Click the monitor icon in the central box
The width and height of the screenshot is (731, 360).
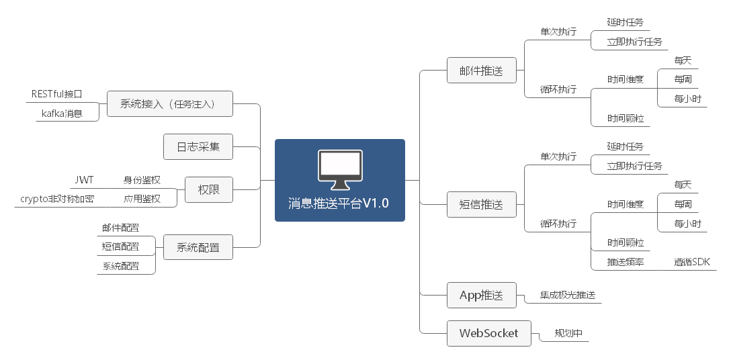(x=339, y=171)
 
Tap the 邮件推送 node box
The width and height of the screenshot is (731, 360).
(x=480, y=71)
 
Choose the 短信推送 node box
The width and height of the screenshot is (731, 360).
(x=480, y=204)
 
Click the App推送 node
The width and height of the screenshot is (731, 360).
(x=480, y=295)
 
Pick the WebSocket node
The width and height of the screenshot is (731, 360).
(x=488, y=333)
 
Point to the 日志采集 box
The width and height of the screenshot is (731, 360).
(x=198, y=146)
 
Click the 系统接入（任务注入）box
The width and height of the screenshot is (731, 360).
(x=170, y=104)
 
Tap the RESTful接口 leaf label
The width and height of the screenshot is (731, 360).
(x=56, y=94)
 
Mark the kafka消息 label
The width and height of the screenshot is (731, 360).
(x=62, y=114)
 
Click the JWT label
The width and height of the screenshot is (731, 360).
(x=84, y=180)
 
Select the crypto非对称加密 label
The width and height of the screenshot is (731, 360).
(x=57, y=199)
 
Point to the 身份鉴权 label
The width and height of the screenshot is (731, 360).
(x=142, y=180)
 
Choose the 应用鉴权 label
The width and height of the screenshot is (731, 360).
(x=142, y=199)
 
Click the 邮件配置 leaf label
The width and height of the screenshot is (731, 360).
(x=121, y=228)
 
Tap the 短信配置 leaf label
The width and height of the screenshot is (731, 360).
(x=121, y=247)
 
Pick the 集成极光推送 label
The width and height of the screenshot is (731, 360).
(x=568, y=295)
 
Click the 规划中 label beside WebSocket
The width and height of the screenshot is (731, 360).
(x=568, y=333)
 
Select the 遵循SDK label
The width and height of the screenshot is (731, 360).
(x=692, y=262)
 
